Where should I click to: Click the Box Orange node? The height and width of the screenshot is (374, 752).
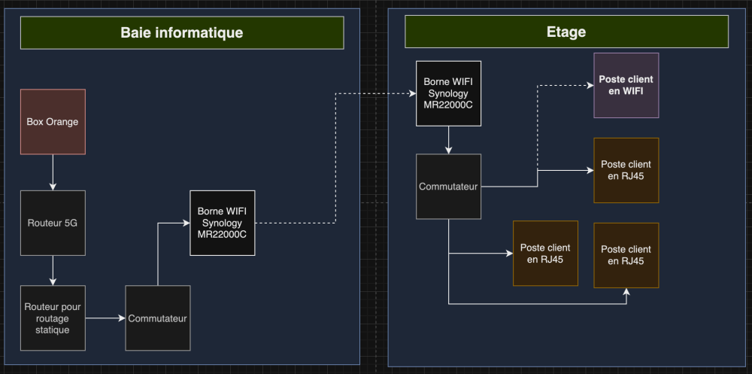53,121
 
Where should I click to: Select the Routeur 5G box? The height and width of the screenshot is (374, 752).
53,223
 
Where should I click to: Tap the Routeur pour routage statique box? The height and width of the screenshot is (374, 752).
53,318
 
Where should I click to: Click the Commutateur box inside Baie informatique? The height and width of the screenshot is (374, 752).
157,318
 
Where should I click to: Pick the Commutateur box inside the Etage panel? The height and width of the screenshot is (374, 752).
449,187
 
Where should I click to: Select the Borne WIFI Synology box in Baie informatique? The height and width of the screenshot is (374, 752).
223,223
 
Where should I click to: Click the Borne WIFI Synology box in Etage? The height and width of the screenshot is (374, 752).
448,93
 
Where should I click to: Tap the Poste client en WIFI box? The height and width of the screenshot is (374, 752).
626,85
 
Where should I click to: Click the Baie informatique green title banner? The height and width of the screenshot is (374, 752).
182,32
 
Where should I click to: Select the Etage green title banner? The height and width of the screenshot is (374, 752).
566,32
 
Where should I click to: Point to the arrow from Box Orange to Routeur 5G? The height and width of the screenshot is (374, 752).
53,172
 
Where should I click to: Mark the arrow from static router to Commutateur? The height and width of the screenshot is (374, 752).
105,318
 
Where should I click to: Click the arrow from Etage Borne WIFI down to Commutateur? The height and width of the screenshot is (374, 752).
448,140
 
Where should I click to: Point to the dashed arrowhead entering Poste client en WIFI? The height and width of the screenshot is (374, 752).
589,85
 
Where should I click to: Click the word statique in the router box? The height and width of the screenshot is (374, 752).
53,330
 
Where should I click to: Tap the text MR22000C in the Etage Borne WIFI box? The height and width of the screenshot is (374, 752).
448,105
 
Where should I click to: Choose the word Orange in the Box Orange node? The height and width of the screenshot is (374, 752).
63,121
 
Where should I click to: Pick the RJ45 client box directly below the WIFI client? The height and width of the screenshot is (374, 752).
626,170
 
